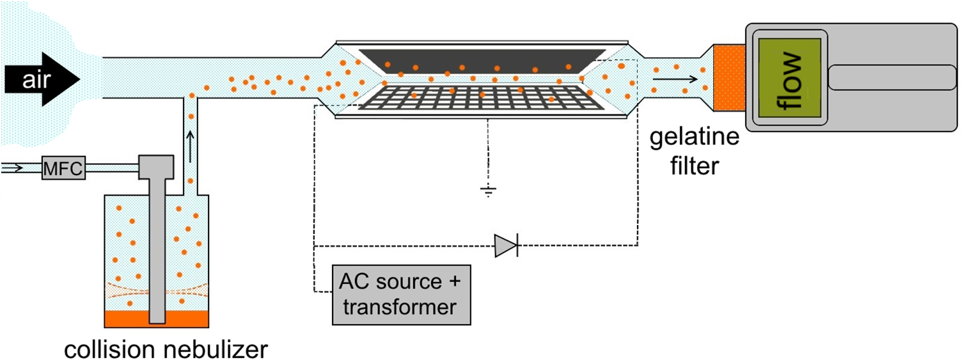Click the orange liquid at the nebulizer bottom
click(x=128, y=318)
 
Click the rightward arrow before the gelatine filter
click(x=674, y=79)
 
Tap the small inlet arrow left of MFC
click(x=13, y=168)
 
